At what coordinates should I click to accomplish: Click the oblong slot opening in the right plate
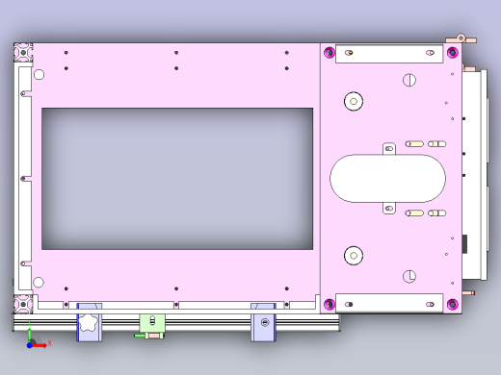pyautogui.click(x=387, y=178)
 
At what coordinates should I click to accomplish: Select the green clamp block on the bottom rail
pyautogui.click(x=152, y=324)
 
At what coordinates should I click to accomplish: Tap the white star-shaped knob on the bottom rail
pyautogui.click(x=89, y=323)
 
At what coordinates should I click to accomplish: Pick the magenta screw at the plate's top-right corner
pyautogui.click(x=452, y=52)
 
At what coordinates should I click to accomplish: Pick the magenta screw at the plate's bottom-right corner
pyautogui.click(x=452, y=306)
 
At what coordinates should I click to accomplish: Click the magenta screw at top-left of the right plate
pyautogui.click(x=330, y=52)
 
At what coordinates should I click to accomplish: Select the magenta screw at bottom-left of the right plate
pyautogui.click(x=330, y=306)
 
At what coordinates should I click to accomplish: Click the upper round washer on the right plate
pyautogui.click(x=354, y=100)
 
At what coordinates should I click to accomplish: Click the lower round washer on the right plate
pyautogui.click(x=354, y=255)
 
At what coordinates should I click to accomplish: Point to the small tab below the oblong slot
pyautogui.click(x=389, y=208)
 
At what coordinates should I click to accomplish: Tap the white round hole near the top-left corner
pyautogui.click(x=39, y=74)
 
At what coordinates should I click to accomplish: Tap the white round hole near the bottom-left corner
pyautogui.click(x=39, y=283)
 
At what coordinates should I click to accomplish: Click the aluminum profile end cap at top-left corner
pyautogui.click(x=22, y=50)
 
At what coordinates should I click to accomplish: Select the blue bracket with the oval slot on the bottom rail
pyautogui.click(x=263, y=322)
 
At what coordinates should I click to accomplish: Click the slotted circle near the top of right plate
pyautogui.click(x=409, y=80)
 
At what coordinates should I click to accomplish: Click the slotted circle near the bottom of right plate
pyautogui.click(x=409, y=276)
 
